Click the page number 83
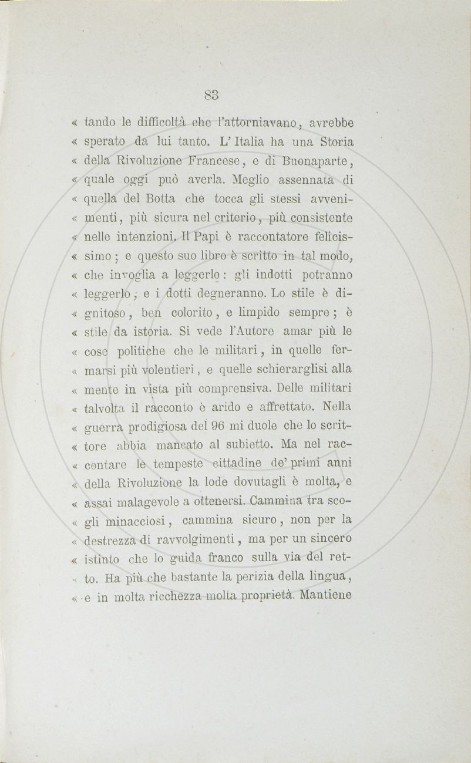212,94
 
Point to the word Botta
154,198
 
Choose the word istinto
106,559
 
